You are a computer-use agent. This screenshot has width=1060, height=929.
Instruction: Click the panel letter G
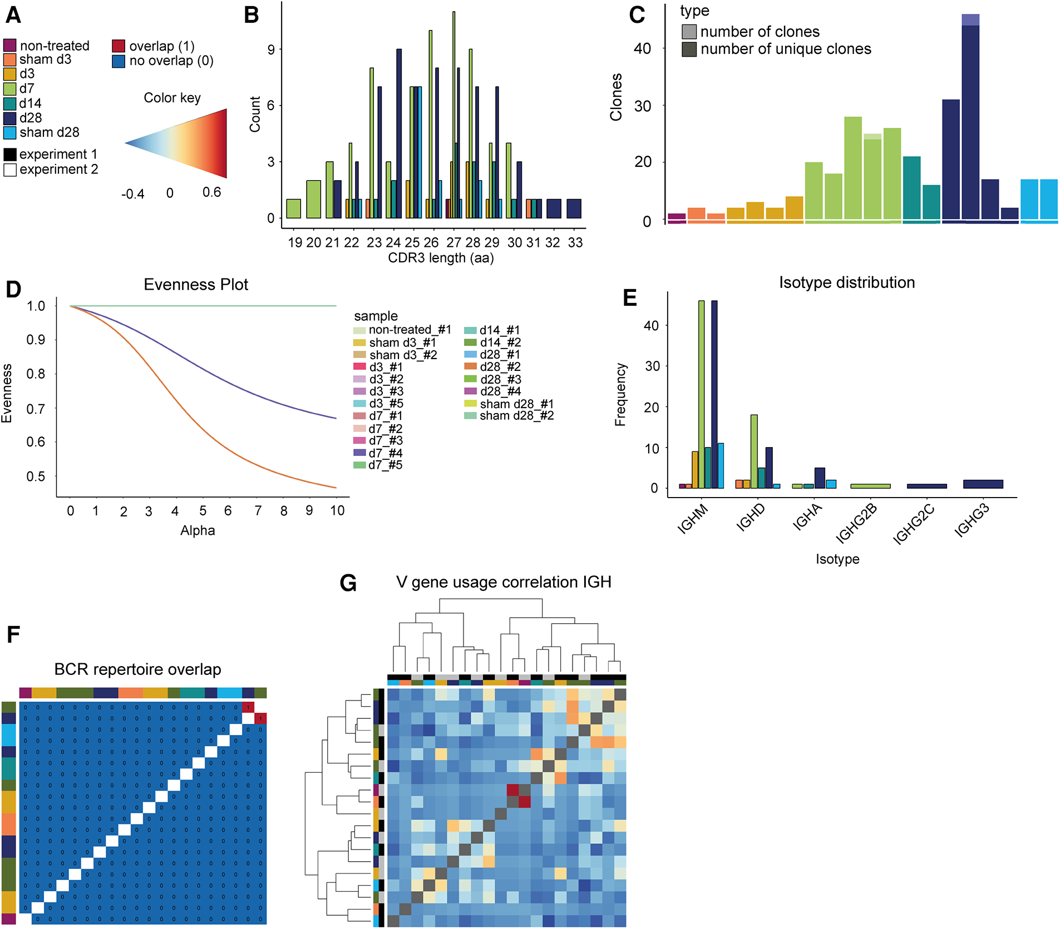click(348, 583)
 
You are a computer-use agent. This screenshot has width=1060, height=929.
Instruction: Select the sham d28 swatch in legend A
click(9, 133)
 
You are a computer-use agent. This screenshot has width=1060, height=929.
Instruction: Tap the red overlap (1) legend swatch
click(118, 46)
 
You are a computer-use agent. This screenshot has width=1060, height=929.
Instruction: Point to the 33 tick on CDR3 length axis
click(575, 242)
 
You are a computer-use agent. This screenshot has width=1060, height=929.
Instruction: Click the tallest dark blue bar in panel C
click(970, 120)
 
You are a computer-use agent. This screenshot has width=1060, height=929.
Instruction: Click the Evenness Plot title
click(196, 285)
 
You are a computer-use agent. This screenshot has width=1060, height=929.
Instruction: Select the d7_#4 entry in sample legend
click(385, 453)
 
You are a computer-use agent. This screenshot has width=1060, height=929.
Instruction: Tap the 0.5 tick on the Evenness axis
click(36, 476)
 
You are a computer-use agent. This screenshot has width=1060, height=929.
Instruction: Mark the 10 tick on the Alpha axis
click(337, 511)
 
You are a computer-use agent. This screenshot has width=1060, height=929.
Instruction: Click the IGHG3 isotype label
click(972, 521)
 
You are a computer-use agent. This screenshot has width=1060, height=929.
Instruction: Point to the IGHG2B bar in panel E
click(870, 486)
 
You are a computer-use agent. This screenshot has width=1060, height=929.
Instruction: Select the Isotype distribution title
click(846, 283)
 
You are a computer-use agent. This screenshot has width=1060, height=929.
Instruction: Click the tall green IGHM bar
click(701, 395)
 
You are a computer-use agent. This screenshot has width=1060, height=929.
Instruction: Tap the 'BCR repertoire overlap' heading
click(137, 669)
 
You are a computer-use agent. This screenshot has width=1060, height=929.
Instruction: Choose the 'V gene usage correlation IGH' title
click(504, 582)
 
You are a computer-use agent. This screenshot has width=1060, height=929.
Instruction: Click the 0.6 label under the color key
click(211, 193)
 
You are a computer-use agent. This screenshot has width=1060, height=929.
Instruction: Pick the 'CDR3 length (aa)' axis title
click(441, 258)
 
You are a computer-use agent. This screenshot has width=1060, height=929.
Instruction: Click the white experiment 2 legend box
click(9, 170)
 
